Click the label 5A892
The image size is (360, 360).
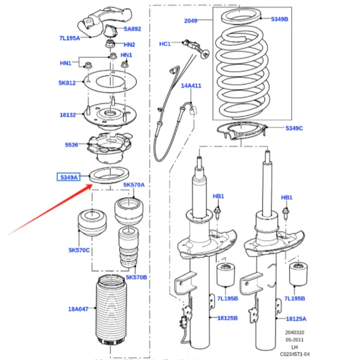(132, 29)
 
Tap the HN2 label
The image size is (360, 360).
(130, 45)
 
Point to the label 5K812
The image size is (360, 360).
(67, 83)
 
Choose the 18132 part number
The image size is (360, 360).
(68, 115)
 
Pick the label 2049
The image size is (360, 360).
(190, 21)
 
